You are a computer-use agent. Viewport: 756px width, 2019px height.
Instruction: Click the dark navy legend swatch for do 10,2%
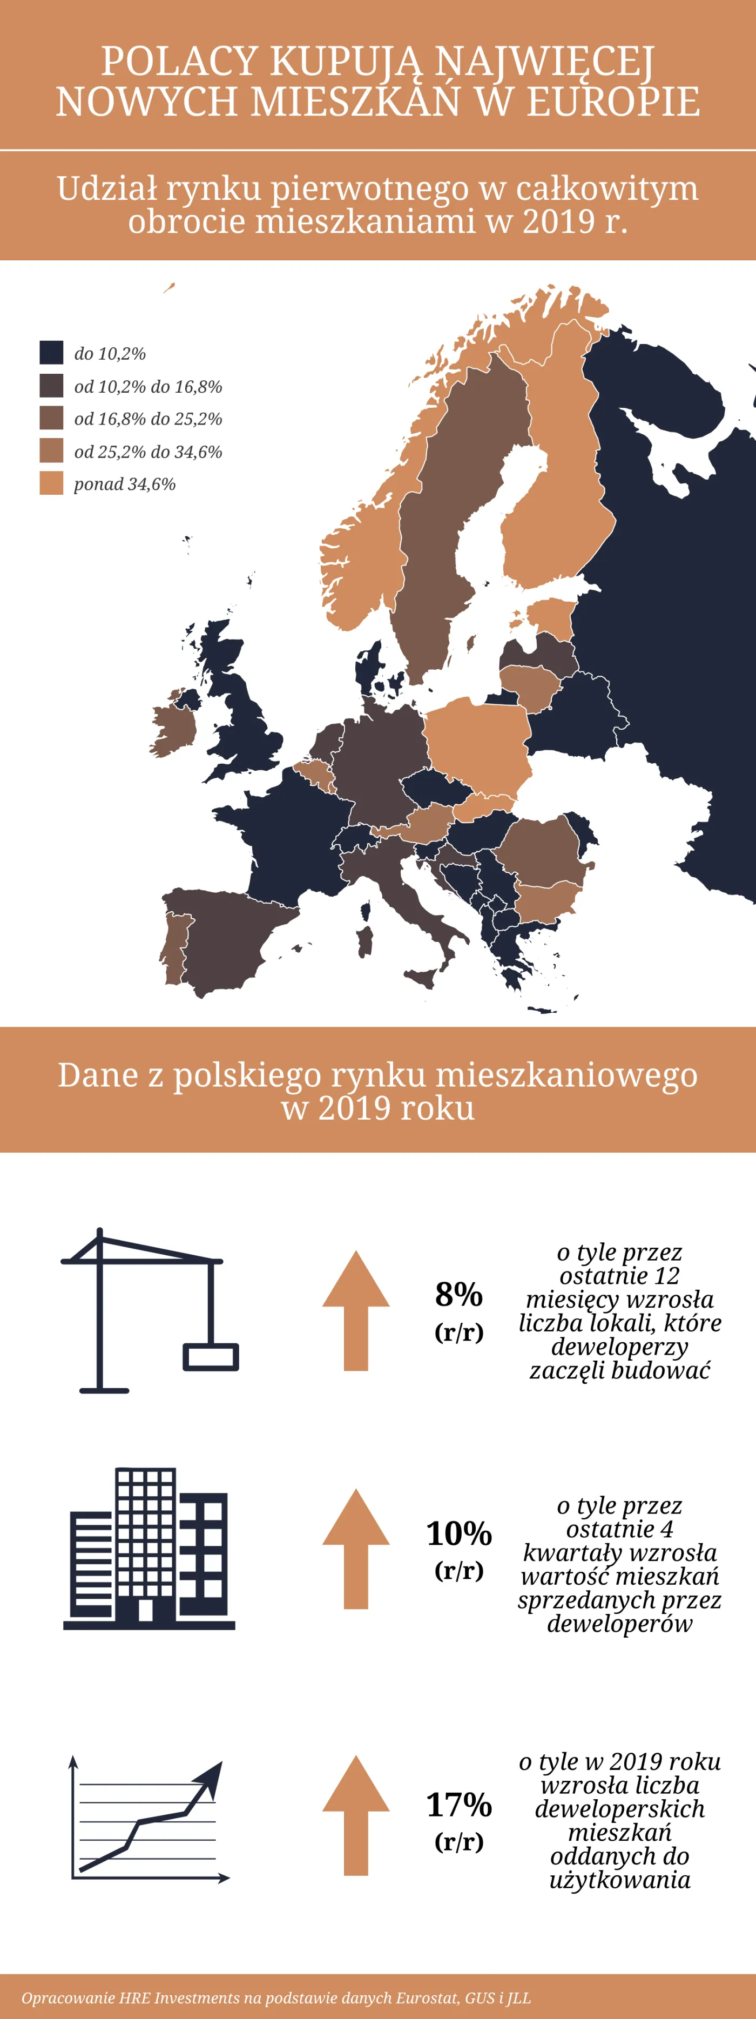click(51, 353)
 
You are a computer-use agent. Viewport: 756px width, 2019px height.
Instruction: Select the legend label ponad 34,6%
click(125, 484)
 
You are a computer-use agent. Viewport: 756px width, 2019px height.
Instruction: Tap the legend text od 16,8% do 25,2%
click(148, 419)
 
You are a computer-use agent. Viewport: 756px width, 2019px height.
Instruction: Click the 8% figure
click(459, 1295)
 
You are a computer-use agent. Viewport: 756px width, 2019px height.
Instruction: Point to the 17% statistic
click(459, 1805)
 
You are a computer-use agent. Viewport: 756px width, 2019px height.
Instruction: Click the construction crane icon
click(149, 1309)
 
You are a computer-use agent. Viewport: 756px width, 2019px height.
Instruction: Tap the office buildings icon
click(149, 1548)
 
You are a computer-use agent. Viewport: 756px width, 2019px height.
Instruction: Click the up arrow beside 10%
click(356, 1548)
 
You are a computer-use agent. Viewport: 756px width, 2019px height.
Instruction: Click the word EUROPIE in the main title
click(613, 102)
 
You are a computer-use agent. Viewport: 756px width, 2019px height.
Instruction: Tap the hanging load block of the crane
click(211, 1357)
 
